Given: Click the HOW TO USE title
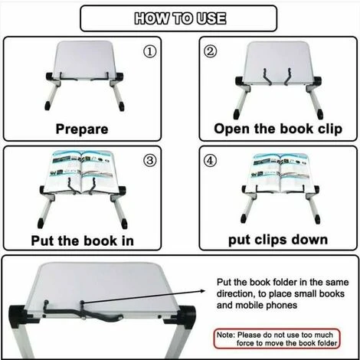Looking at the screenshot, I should pyautogui.click(x=179, y=18).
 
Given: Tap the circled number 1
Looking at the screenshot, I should pyautogui.click(x=150, y=52).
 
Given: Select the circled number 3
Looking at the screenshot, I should pyautogui.click(x=150, y=162).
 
